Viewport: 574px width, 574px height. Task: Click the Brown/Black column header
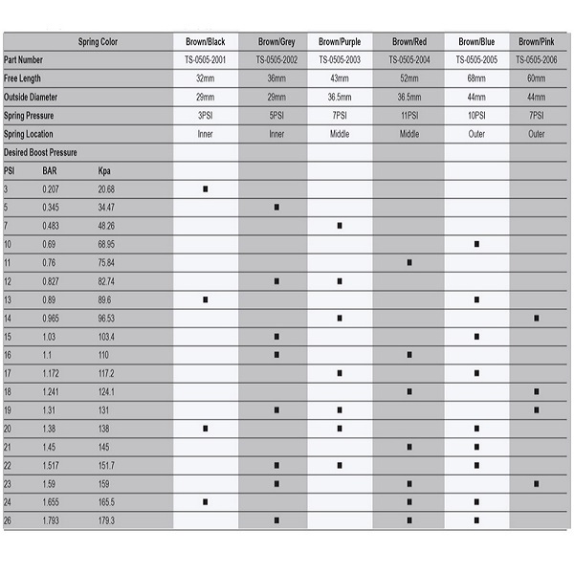coord(205,42)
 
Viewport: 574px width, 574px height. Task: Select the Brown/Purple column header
coord(339,42)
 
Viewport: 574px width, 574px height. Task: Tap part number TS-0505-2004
coord(409,60)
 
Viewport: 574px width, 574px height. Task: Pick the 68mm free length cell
coord(475,78)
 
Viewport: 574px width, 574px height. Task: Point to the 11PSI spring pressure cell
coord(409,115)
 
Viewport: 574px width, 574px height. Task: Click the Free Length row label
coord(23,78)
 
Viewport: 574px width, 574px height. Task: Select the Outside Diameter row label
coord(31,97)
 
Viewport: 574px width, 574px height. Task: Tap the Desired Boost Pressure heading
coord(40,151)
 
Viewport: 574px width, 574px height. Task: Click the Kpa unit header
coord(105,170)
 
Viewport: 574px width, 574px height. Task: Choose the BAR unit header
coord(51,170)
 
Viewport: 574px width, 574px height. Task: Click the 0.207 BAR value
coord(52,188)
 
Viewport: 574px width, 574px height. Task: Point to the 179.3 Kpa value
coord(106,520)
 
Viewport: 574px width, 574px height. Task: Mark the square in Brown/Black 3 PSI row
coord(205,188)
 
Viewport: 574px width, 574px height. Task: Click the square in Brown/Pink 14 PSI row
coord(537,318)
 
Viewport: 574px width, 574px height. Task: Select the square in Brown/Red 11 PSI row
coord(409,262)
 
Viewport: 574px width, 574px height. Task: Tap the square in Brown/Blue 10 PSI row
coord(476,244)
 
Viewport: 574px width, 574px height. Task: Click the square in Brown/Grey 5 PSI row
coord(276,207)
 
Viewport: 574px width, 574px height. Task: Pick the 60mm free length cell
coord(537,78)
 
